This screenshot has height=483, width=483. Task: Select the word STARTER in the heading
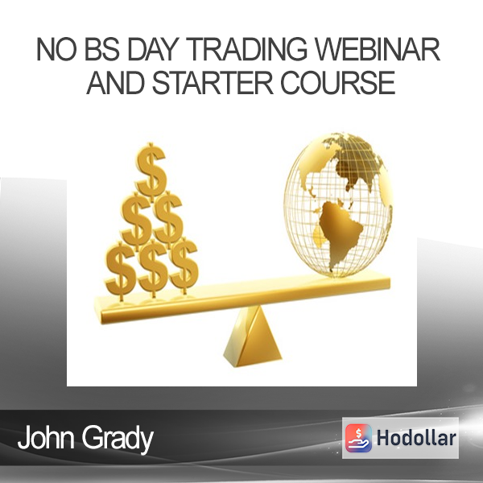[x=213, y=82]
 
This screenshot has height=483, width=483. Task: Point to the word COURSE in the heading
[x=337, y=82]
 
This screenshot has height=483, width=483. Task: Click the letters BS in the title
[x=102, y=49]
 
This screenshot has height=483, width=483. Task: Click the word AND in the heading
[x=115, y=82]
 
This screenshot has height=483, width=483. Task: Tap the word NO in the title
[x=56, y=49]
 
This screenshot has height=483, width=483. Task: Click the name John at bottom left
[x=46, y=437]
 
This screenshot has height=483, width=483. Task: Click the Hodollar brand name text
[x=416, y=438]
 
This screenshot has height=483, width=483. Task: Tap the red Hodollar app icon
[x=358, y=438]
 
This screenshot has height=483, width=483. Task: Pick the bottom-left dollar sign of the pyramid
[x=121, y=271]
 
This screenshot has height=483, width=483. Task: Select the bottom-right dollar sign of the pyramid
[x=183, y=267]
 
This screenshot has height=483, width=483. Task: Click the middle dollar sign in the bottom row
[x=153, y=269]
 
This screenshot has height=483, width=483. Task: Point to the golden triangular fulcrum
[x=253, y=337]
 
